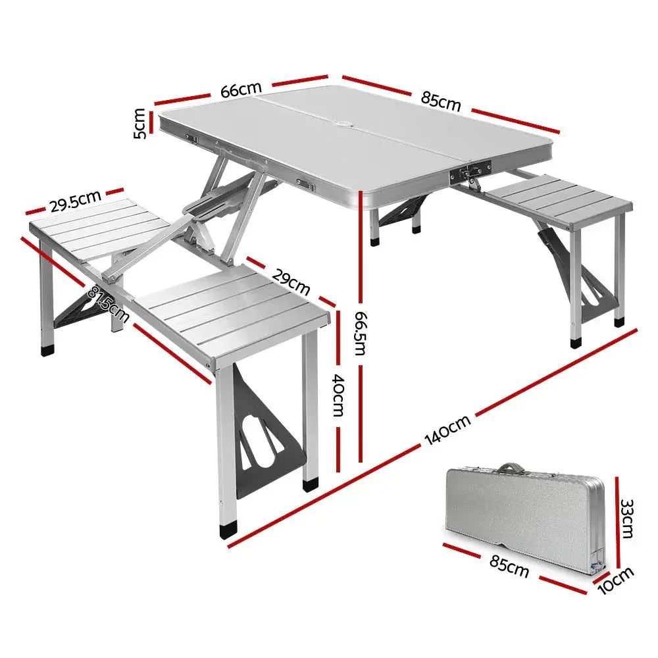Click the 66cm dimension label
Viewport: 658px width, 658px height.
241,90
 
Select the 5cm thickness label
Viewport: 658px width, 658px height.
140,124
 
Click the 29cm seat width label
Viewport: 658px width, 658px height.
290,280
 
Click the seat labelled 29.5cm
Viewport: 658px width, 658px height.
99,227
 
